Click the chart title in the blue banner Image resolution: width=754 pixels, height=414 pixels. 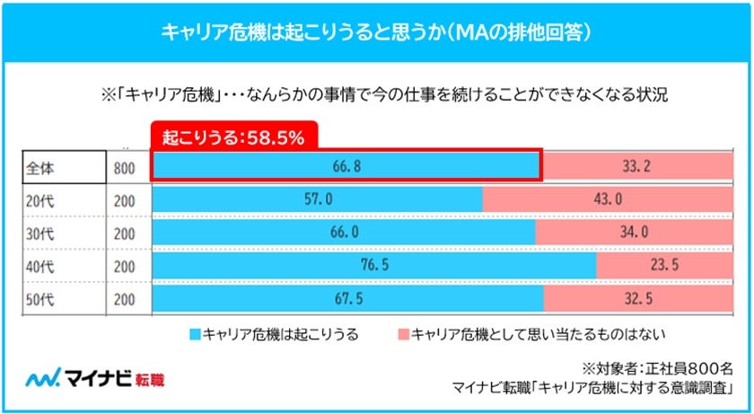376,33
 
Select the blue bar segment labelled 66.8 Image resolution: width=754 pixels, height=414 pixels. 346,166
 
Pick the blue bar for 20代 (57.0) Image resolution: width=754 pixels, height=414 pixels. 318,199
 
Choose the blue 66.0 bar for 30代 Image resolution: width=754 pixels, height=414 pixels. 344,232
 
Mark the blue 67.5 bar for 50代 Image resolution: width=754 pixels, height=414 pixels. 348,296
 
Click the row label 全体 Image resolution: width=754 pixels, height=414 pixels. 39,167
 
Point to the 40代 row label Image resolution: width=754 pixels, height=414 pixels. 39,265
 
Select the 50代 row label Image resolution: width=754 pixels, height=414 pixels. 39,297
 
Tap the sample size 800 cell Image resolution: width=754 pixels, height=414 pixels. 125,167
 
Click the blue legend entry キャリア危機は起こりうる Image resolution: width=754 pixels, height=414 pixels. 274,335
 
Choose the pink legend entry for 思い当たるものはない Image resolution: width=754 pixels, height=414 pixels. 530,335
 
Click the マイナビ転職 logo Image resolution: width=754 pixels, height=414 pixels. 94,379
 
